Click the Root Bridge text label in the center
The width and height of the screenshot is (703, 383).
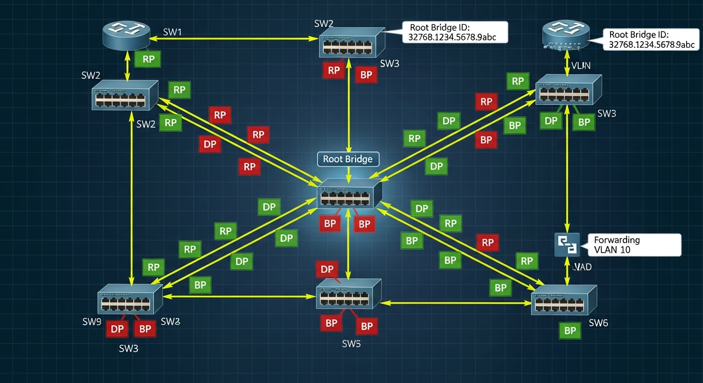[348, 159]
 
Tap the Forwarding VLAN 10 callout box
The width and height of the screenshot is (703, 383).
[634, 244]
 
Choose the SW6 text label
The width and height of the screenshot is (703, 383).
[598, 323]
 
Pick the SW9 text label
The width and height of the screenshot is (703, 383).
[92, 322]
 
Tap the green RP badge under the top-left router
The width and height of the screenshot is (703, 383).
[148, 59]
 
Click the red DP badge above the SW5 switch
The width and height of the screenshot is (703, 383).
[327, 269]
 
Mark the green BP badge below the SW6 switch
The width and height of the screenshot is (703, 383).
[570, 330]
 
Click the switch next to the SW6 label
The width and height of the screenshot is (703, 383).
[564, 300]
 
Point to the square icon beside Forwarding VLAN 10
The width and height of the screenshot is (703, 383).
[567, 245]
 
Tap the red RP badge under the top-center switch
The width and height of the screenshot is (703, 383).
[334, 70]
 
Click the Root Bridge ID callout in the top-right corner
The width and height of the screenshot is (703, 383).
[651, 39]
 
